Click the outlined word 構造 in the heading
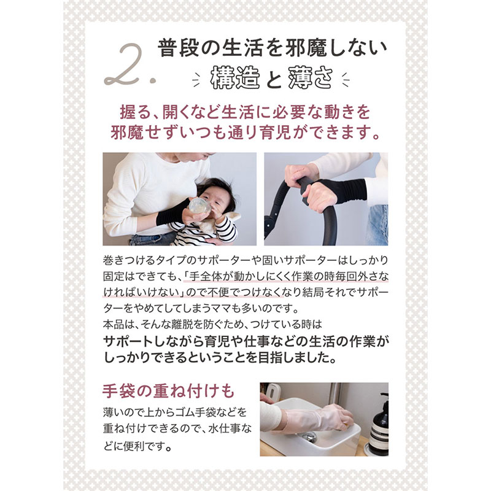click(235, 77)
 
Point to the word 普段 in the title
click(178, 48)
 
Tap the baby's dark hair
click(217, 191)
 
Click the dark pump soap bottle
click(379, 424)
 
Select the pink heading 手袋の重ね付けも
click(168, 391)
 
